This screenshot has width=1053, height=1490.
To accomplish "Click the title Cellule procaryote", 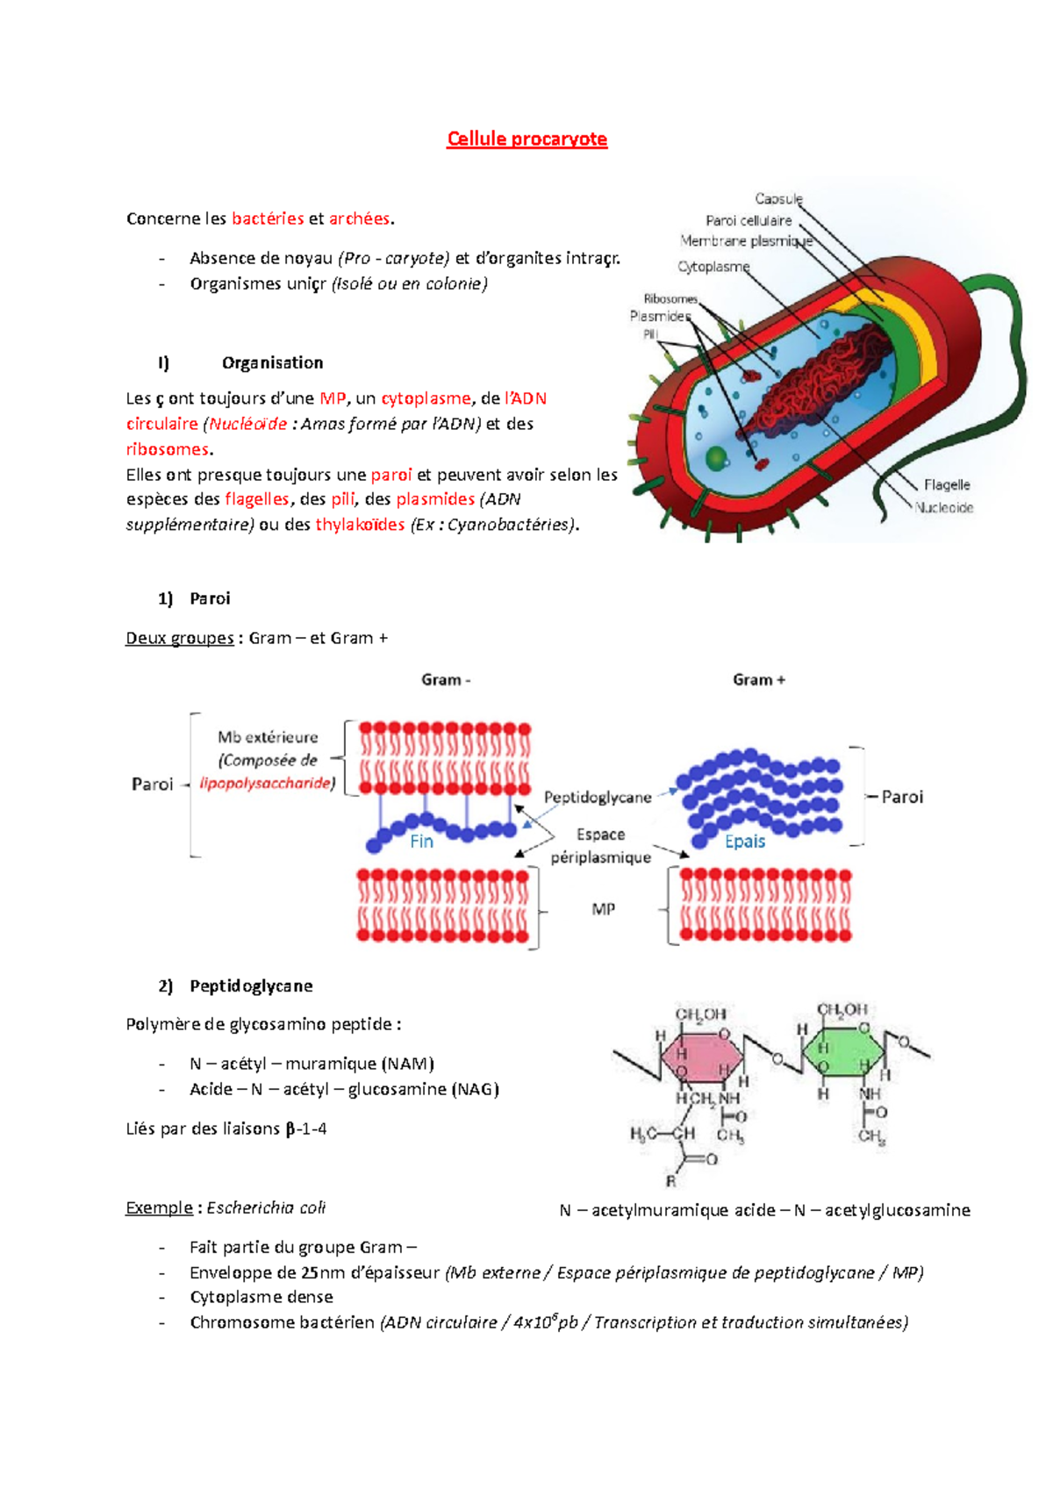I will [526, 139].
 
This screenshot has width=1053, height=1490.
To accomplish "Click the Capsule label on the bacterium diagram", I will [778, 199].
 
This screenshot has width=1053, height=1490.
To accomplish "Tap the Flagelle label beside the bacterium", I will [947, 484].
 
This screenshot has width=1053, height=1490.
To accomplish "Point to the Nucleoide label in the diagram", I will [944, 507].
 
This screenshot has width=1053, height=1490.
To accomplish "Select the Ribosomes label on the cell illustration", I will [670, 299].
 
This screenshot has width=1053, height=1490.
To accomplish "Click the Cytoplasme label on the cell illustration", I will [713, 266].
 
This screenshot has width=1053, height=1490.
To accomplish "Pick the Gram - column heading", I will [446, 679].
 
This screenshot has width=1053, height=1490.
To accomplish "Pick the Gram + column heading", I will [759, 679].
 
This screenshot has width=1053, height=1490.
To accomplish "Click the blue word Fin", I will [421, 841].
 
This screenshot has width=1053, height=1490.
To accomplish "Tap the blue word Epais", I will [745, 841].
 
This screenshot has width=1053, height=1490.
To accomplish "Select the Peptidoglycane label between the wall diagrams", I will [598, 797].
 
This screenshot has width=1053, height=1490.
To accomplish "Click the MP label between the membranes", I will [603, 909].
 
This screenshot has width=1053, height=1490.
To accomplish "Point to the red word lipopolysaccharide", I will [265, 783].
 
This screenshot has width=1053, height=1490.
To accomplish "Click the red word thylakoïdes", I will [360, 525].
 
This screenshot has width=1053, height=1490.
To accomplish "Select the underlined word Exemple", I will [159, 1207].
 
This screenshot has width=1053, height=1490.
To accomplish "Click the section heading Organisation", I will [272, 362].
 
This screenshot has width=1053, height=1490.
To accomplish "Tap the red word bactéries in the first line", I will [268, 218].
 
